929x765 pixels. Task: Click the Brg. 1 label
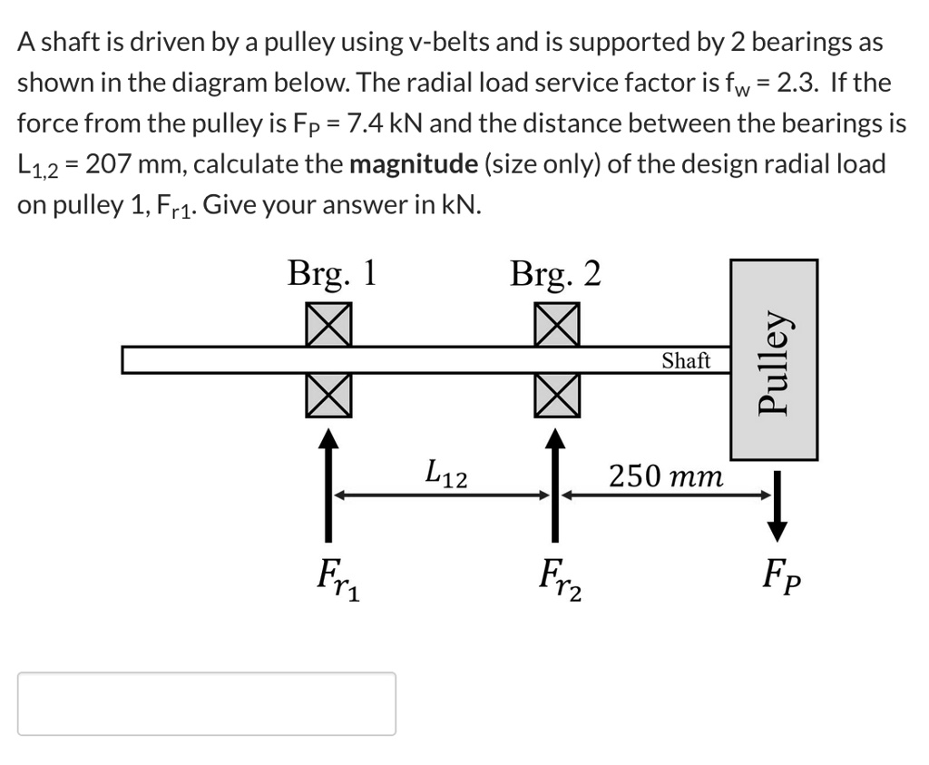coord(331,273)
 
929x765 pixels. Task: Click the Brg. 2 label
coord(555,273)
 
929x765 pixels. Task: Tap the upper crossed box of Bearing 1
coord(328,324)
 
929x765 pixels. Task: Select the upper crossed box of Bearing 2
coord(556,324)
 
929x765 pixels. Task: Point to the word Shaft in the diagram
coord(685,360)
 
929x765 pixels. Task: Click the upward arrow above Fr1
coord(328,481)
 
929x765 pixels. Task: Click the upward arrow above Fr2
coord(556,481)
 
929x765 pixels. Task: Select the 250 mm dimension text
coord(666,475)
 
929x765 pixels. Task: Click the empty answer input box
coord(207,703)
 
